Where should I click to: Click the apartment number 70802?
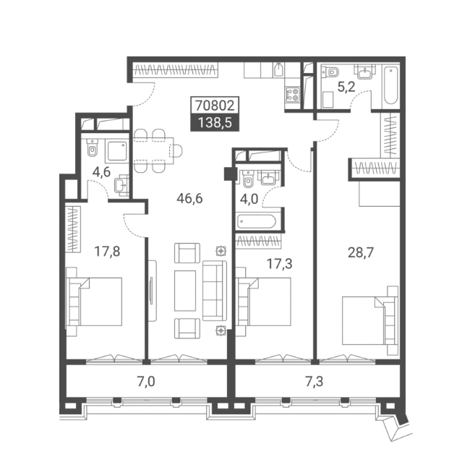pyautogui.click(x=215, y=106)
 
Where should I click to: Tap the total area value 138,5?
pyautogui.click(x=215, y=123)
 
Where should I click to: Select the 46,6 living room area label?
pyautogui.click(x=189, y=198)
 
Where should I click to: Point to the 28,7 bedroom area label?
pyautogui.click(x=361, y=252)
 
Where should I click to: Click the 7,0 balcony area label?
pyautogui.click(x=146, y=382)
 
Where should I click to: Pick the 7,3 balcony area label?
pyautogui.click(x=315, y=382)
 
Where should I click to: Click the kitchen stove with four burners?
pyautogui.click(x=292, y=95)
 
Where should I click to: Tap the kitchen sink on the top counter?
pyautogui.click(x=278, y=70)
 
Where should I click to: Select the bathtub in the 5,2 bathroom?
pyautogui.click(x=391, y=86)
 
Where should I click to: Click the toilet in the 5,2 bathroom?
pyautogui.click(x=331, y=72)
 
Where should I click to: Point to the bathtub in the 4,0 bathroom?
pyautogui.click(x=257, y=222)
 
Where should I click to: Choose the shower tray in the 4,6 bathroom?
pyautogui.click(x=117, y=151)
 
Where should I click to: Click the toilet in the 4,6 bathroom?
pyautogui.click(x=93, y=148)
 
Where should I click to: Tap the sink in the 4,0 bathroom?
pyautogui.click(x=268, y=178)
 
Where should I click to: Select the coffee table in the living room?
pyautogui.click(x=185, y=291)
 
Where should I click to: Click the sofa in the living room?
pyautogui.click(x=215, y=291)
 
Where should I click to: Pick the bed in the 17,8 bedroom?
pyautogui.click(x=94, y=302)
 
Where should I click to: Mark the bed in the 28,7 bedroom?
pyautogui.click(x=370, y=320)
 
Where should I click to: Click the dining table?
pyautogui.click(x=153, y=151)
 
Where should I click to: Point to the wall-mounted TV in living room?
pyautogui.click(x=152, y=291)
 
